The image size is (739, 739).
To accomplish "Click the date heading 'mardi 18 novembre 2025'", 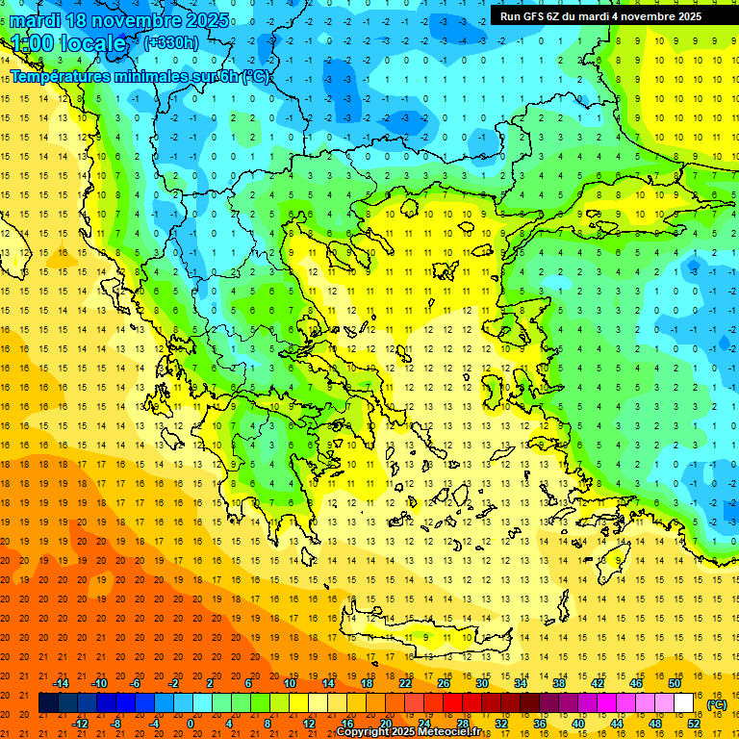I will pos(120,19).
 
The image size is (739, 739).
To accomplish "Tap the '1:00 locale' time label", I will pos(68,43).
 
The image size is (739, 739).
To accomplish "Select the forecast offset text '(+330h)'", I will pos(171,42).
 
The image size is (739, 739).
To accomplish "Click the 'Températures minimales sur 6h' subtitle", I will pos(140,76).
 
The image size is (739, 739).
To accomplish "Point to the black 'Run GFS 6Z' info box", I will pos(600,15).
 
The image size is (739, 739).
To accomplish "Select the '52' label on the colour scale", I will pos(694,723).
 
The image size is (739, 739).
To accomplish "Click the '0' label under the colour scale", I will pos(191,723).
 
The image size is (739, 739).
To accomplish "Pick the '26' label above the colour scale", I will pos(444,682).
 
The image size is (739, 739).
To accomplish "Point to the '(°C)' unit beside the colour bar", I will pos(717,704).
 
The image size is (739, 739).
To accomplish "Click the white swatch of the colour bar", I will pos(684,703).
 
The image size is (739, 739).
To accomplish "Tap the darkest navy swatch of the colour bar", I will pos(48,703).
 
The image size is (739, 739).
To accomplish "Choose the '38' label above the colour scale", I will pos(559,682).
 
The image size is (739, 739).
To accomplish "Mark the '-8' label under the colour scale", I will pos(116,723).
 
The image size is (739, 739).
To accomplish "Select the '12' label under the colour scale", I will pos(309,723).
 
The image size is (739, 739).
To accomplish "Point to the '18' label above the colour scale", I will pos(367,682).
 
